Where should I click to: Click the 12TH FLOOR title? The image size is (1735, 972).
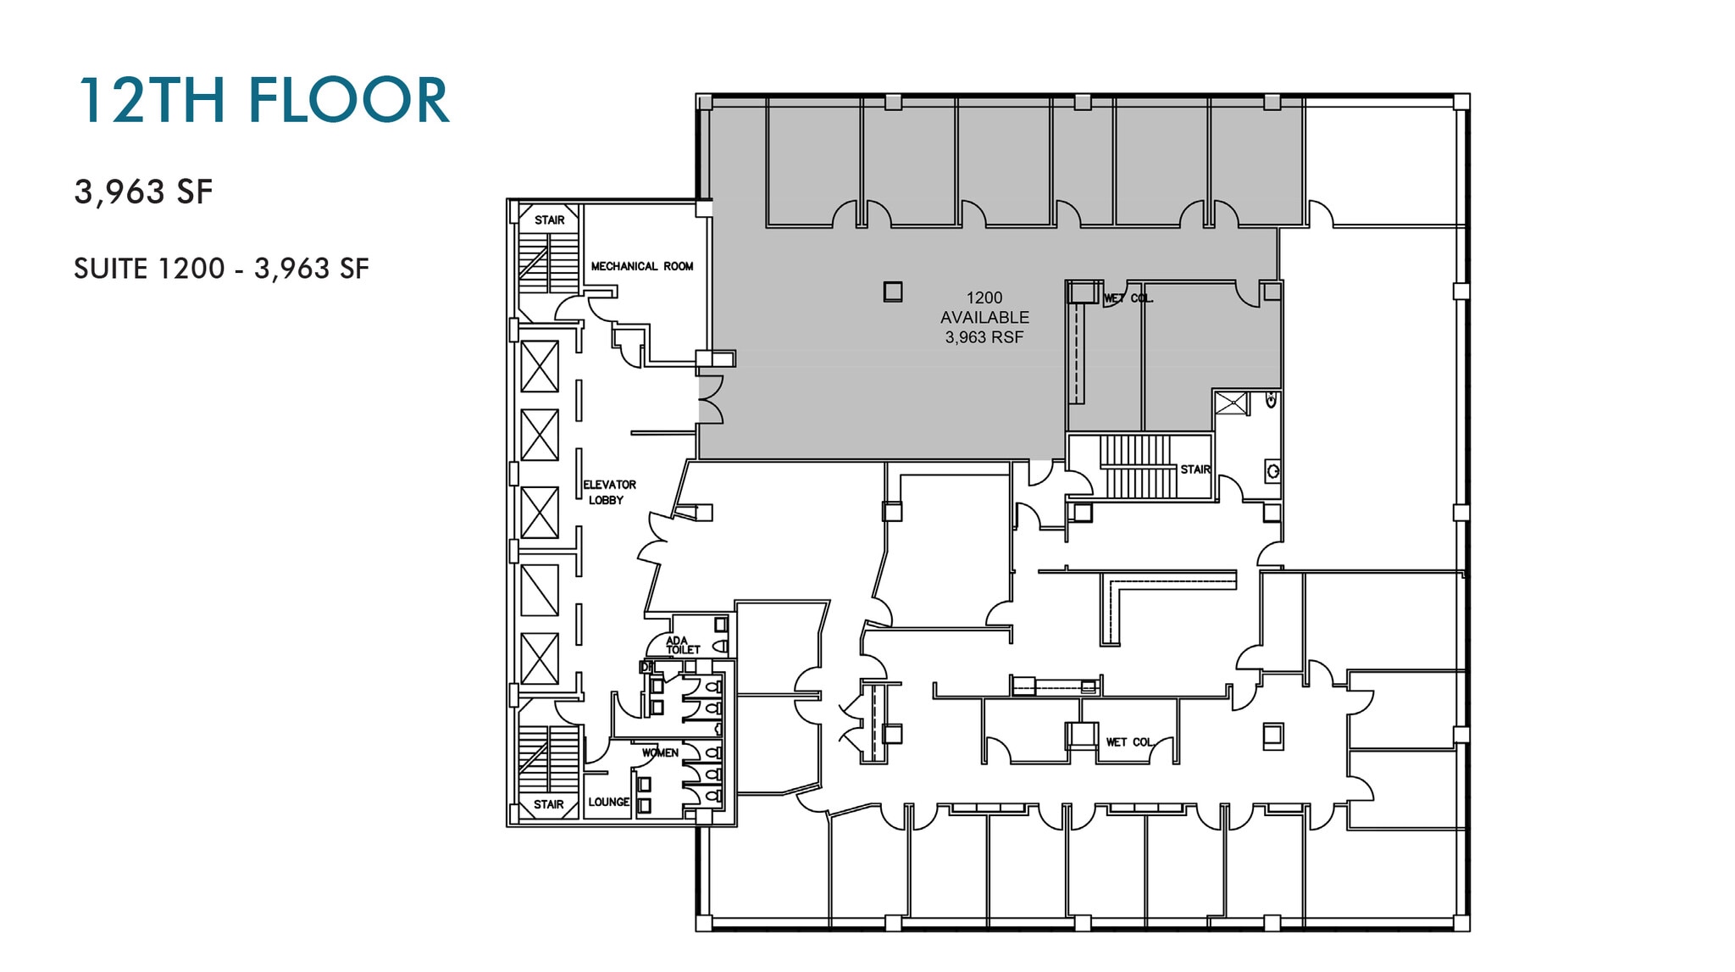[x=263, y=101]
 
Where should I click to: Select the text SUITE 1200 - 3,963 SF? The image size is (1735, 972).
[x=221, y=269]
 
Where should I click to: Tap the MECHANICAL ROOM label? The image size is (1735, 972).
[x=642, y=266]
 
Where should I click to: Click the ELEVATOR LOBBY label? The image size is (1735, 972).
[x=608, y=492]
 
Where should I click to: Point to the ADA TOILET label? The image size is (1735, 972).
[x=682, y=645]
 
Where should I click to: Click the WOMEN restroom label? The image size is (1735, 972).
[x=660, y=753]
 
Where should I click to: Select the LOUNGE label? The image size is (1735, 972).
[x=609, y=802]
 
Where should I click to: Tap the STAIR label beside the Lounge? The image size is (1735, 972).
[x=549, y=804]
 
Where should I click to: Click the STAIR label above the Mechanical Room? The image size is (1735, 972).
[x=549, y=220]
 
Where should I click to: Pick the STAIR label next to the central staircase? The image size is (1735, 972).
[x=1195, y=469]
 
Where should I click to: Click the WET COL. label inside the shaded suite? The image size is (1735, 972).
[x=1128, y=298]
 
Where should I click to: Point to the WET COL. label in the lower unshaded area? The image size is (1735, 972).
[x=1130, y=742]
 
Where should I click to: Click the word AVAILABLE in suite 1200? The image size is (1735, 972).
[x=984, y=318]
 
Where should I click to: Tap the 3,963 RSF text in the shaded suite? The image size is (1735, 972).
[x=984, y=337]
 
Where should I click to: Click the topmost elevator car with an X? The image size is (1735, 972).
[x=540, y=366]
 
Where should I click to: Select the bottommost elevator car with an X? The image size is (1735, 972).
[x=540, y=658]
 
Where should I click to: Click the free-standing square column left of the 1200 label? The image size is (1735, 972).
[x=892, y=292]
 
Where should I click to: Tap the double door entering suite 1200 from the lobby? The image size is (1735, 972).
[x=710, y=400]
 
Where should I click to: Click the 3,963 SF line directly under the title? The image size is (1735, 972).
[x=143, y=192]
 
